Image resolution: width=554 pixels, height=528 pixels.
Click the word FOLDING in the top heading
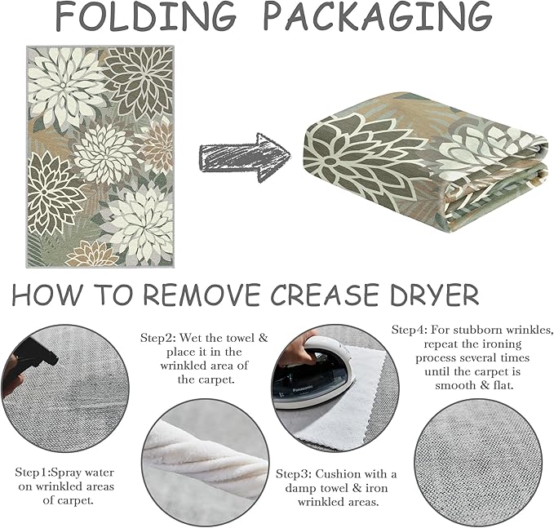click(x=146, y=16)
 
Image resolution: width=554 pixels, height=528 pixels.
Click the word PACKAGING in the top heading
click(x=378, y=16)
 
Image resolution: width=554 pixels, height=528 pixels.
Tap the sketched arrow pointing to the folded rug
click(x=245, y=158)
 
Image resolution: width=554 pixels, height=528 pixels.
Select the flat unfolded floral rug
click(x=100, y=157)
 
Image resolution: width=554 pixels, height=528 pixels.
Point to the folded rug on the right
click(x=426, y=162)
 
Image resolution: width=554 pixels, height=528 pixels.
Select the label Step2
click(x=157, y=338)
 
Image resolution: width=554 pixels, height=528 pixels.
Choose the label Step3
click(x=293, y=474)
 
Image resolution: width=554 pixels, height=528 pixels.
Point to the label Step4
click(x=409, y=330)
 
